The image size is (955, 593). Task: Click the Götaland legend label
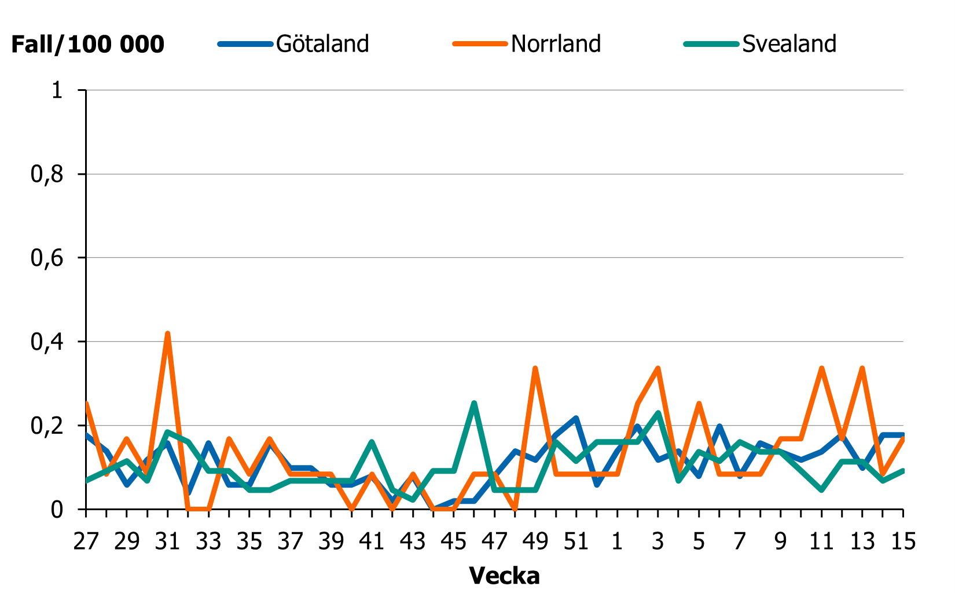point(322,44)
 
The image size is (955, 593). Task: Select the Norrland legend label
point(556,44)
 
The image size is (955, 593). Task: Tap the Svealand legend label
point(789,44)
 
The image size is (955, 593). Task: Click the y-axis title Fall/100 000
point(88,45)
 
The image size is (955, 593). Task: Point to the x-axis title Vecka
point(504,576)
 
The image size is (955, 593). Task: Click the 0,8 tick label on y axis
point(46,174)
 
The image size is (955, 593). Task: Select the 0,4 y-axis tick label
point(46,342)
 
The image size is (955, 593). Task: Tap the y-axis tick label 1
point(57,90)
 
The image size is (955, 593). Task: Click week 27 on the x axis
point(86,541)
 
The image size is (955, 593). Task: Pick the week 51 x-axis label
point(576,541)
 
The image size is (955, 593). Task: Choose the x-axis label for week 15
point(903,541)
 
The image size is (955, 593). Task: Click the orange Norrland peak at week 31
point(168,334)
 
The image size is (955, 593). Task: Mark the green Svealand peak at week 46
point(474,403)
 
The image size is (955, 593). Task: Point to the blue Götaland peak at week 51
point(576,418)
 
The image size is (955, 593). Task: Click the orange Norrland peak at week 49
point(535,368)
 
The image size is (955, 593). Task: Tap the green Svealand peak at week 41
point(372,442)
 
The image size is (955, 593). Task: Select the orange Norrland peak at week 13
point(862,368)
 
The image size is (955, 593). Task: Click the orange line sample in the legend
point(480,44)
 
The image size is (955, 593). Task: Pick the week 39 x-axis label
point(331,541)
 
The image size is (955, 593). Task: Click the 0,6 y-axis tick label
point(46,258)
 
